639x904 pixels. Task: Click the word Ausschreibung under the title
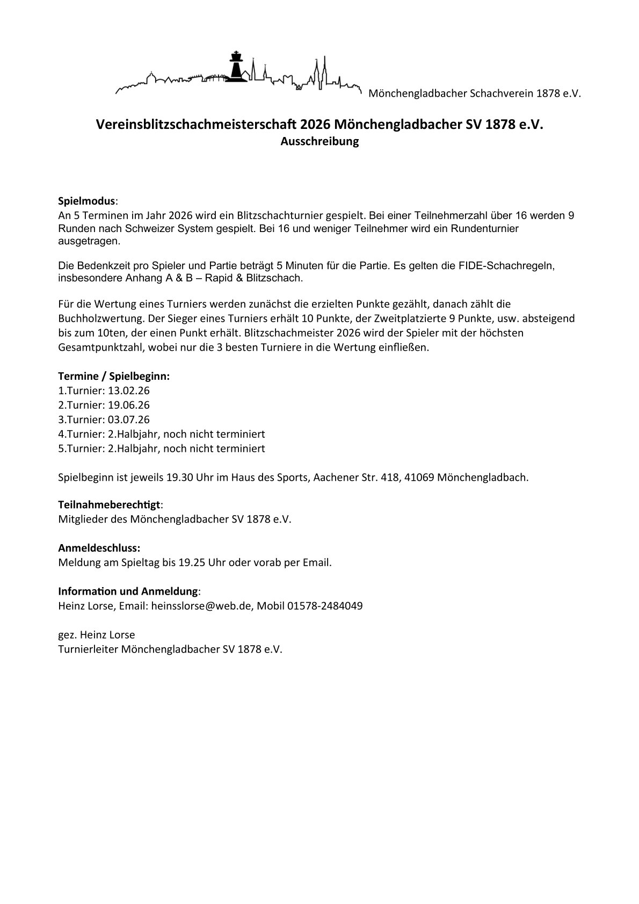point(319,142)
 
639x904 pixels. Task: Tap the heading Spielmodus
point(86,201)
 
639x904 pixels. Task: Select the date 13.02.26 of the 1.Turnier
point(129,390)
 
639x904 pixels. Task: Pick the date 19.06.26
point(129,405)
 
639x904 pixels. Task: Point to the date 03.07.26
point(129,420)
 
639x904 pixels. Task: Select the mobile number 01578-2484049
point(325,606)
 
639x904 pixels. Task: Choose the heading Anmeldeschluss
point(99,548)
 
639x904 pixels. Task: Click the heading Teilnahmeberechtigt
point(109,505)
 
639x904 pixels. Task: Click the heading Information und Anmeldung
point(128,591)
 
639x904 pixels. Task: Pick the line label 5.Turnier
point(81,449)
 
